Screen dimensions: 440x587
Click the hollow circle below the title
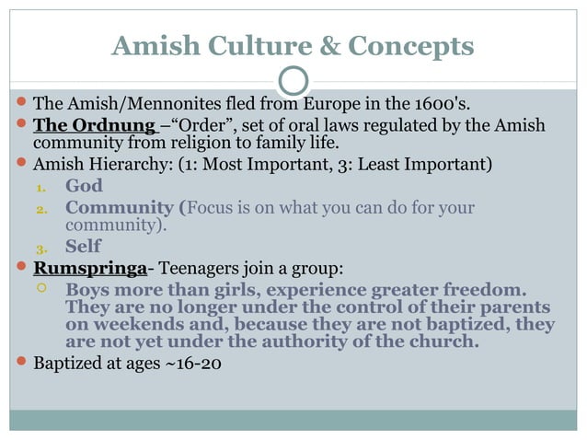point(293,82)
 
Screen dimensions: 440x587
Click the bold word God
point(84,187)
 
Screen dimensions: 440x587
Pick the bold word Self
point(83,247)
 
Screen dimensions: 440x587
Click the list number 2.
point(40,209)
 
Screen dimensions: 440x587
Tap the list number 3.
point(40,248)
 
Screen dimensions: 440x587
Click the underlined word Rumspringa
point(90,269)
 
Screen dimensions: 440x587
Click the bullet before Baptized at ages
point(20,363)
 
